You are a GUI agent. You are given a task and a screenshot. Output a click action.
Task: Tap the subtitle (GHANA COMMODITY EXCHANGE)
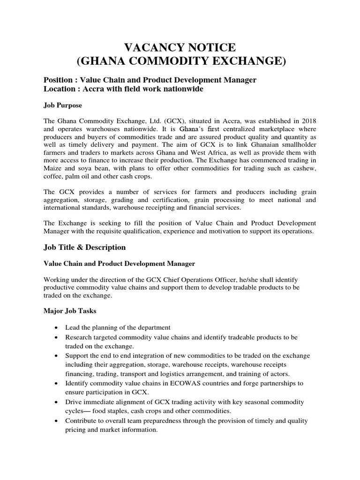[180, 61]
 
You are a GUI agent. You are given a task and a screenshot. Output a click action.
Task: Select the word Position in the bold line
[59, 80]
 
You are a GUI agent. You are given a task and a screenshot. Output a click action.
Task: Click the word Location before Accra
[59, 89]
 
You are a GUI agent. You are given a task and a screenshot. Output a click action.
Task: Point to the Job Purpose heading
[62, 105]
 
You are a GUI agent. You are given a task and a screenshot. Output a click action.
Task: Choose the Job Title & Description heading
[85, 247]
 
